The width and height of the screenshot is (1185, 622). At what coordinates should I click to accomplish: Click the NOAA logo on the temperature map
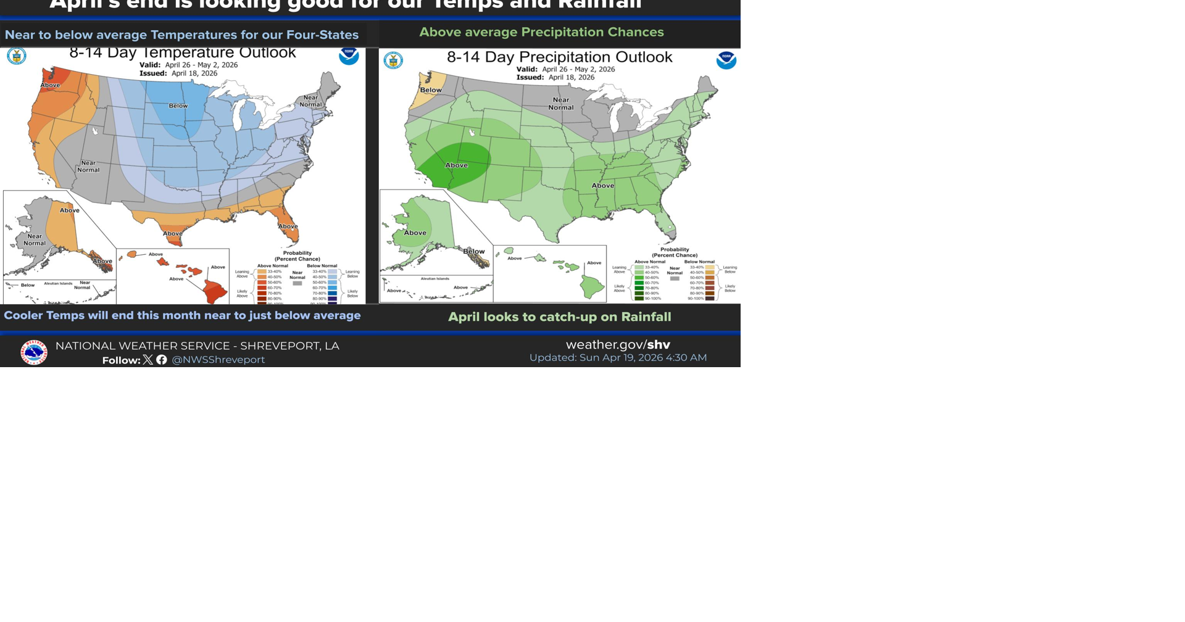(x=349, y=55)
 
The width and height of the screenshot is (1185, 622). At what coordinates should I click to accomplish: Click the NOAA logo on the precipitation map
(x=726, y=60)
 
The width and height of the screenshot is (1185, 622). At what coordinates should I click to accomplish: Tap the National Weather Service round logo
(x=33, y=352)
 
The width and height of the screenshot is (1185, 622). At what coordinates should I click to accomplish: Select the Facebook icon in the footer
(x=162, y=360)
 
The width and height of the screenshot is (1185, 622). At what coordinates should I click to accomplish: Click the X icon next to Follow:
(x=148, y=360)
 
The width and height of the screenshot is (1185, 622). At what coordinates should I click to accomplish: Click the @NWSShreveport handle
(x=218, y=360)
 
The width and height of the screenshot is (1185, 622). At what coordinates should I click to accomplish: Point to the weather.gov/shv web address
(x=618, y=344)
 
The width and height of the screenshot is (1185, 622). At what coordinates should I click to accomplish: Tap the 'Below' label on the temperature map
(x=178, y=106)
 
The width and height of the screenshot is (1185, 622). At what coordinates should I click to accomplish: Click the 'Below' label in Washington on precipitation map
(x=431, y=90)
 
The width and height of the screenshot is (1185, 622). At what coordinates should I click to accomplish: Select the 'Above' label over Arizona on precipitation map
(x=457, y=165)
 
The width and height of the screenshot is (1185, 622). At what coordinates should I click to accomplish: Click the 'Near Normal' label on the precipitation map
(x=561, y=103)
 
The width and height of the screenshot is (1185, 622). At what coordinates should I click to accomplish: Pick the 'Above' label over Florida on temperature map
(x=288, y=226)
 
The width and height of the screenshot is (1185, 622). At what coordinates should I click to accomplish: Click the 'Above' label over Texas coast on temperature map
(x=173, y=233)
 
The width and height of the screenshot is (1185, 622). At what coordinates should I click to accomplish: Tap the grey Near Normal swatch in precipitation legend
(x=675, y=279)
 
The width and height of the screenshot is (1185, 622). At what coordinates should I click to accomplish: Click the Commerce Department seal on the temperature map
(x=17, y=56)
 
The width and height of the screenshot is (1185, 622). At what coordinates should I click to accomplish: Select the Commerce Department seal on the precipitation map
(x=393, y=60)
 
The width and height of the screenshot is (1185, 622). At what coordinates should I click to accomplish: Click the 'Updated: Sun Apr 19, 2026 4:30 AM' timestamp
(x=618, y=358)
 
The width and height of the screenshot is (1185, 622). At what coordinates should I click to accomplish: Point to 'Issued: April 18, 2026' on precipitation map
(x=555, y=78)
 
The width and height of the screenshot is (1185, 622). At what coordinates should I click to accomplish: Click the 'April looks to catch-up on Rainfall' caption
(x=559, y=317)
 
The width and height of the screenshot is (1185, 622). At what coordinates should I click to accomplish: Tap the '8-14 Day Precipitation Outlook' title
(x=559, y=57)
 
